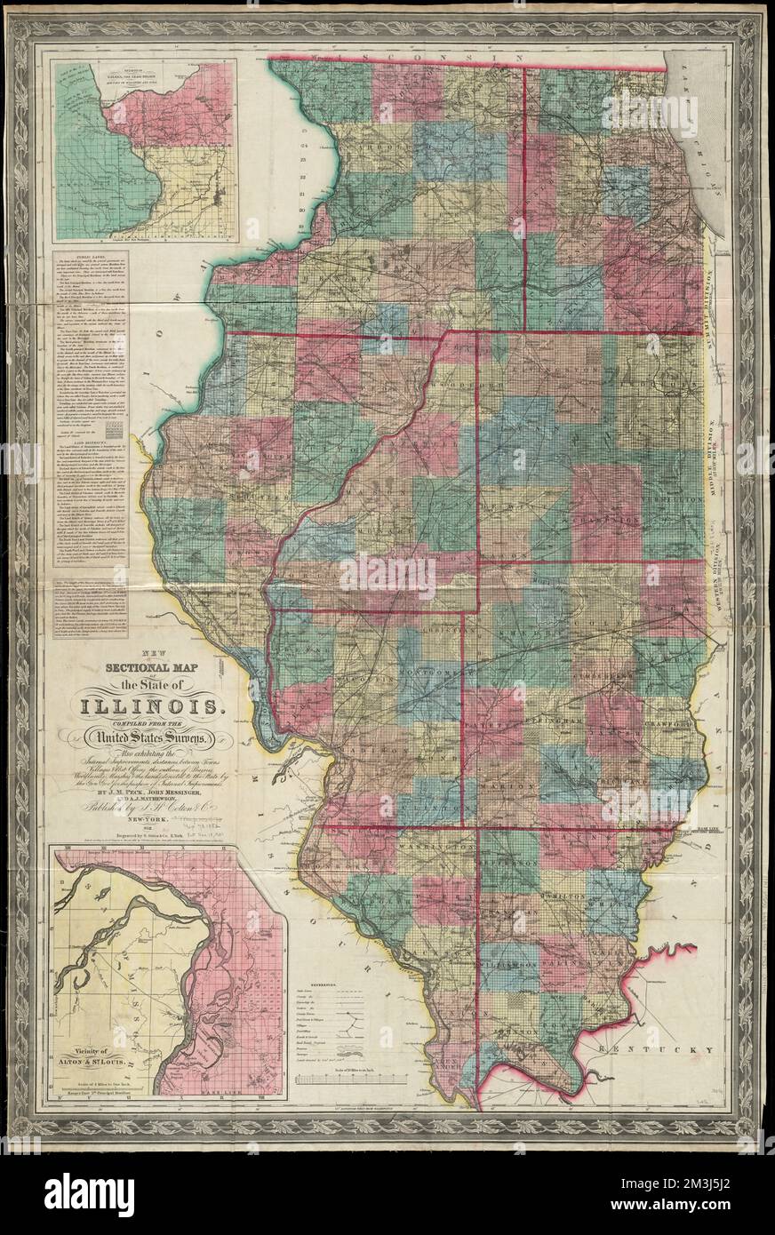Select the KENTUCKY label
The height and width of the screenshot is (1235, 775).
[x=645, y=1049]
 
